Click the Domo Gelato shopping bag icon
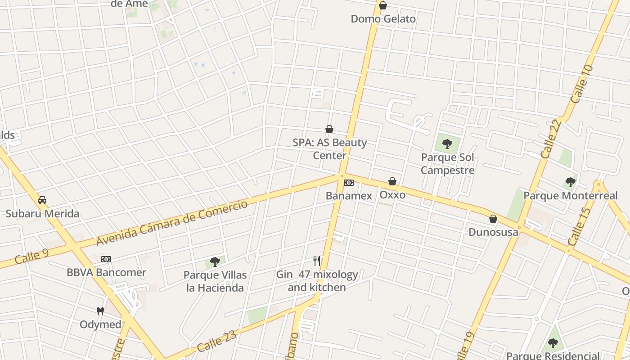tap(383, 5)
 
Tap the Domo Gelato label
tap(383, 19)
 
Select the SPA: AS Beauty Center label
tap(330, 149)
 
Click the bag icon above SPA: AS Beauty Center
tap(329, 130)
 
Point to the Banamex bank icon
tap(349, 183)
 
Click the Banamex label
tap(349, 196)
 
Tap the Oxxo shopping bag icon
tap(392, 181)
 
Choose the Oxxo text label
tap(392, 195)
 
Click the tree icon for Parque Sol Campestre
tap(447, 144)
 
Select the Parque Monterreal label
tap(570, 196)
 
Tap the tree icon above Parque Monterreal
tap(571, 182)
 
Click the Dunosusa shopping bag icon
tap(493, 219)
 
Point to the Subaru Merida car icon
tap(42, 200)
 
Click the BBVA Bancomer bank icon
tap(106, 259)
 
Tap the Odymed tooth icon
tap(100, 311)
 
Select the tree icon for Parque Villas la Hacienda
tap(215, 261)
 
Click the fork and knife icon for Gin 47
tap(317, 261)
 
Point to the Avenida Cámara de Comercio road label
tap(172, 223)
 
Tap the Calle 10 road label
tap(582, 84)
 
